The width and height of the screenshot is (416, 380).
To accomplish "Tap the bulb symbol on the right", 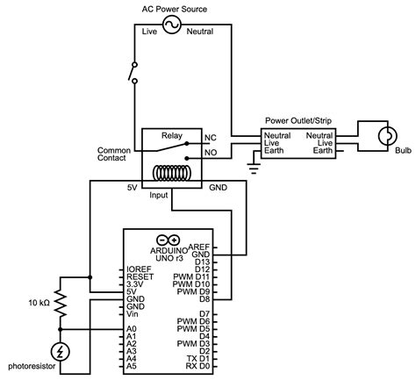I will (x=387, y=136).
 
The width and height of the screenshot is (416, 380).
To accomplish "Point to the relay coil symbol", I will (x=172, y=173).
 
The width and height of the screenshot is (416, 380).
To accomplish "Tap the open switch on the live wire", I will (x=134, y=72).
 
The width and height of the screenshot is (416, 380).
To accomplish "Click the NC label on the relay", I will (x=210, y=139).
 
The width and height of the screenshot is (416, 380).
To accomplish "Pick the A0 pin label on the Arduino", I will (x=131, y=327).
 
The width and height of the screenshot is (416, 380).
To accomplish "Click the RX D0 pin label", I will (x=196, y=365).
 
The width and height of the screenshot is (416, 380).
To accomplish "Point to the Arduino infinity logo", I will (x=168, y=240).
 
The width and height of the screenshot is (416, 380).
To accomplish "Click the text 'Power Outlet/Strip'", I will (x=298, y=120).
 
